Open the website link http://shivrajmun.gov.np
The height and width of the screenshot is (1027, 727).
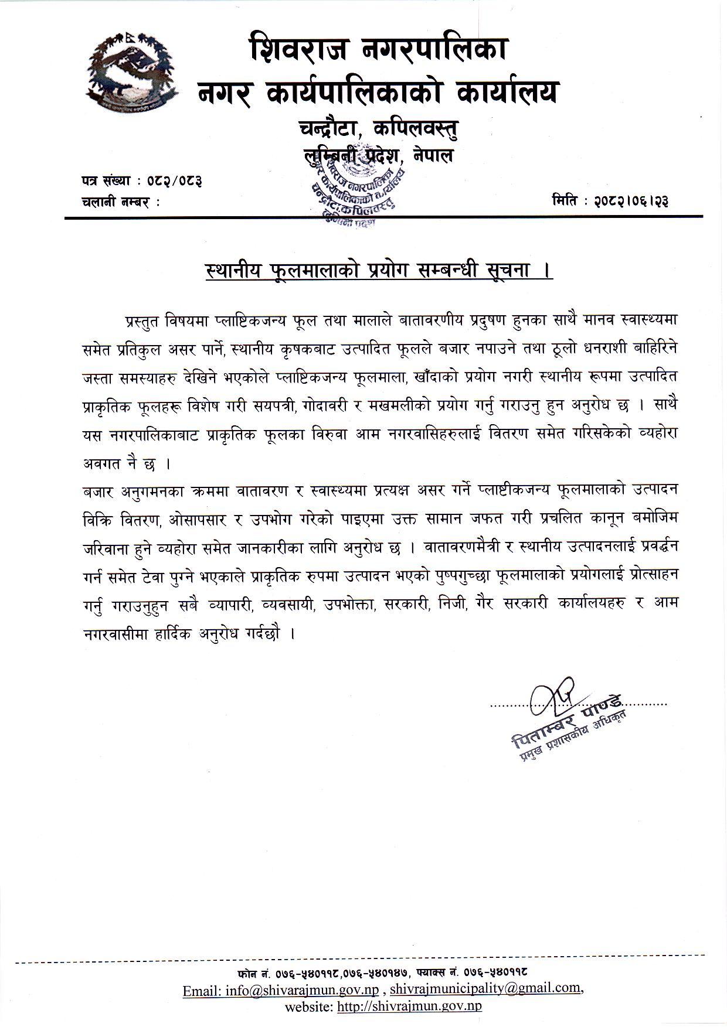point(409,1006)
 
